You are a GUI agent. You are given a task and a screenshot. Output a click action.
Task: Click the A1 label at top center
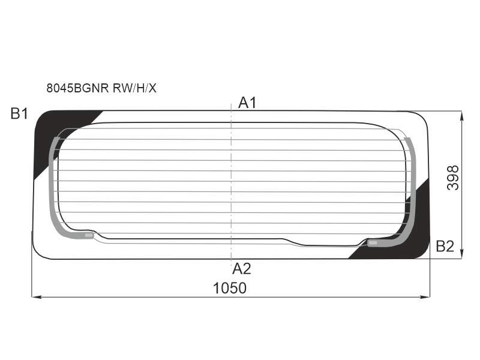(247, 103)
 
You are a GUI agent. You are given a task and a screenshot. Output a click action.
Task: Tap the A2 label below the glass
(242, 269)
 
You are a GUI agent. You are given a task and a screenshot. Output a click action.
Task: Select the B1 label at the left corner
(19, 113)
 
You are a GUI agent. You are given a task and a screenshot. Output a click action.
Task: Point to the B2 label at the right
(445, 246)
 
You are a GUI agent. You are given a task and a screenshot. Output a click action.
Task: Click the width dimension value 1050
(230, 289)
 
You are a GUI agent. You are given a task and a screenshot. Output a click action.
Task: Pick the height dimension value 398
(453, 178)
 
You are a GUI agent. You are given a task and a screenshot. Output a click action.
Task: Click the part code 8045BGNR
(78, 88)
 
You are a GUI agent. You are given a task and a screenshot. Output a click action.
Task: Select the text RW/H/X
(134, 88)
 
